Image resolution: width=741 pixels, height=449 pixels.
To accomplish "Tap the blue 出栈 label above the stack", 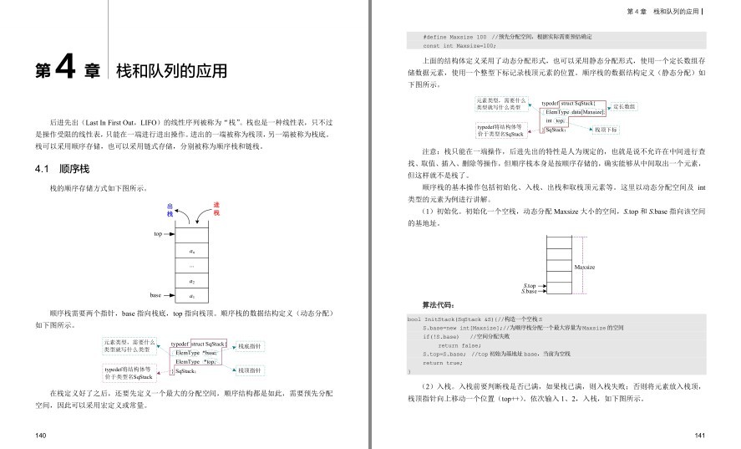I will coord(170,210).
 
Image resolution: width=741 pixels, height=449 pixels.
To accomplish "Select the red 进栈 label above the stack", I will coord(216,210).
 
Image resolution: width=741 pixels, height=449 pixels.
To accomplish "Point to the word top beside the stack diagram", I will coord(157,234).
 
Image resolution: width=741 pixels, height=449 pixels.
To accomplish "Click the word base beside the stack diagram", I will coord(155,295).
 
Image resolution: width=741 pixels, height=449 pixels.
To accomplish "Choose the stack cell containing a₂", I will coord(192,281).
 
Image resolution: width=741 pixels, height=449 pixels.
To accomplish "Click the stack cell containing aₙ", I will coord(192,250).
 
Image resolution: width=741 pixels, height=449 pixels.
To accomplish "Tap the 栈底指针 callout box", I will coord(250,345).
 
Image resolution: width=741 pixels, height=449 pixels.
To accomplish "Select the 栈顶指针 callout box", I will coord(250,370).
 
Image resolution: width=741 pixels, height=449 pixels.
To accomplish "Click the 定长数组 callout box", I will coord(624,107).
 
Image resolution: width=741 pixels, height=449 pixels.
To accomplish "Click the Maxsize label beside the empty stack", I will coord(585,266).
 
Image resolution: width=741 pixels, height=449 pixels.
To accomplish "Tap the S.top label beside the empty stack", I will coord(529,286).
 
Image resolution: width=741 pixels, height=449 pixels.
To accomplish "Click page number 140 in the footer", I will coord(41,436).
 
